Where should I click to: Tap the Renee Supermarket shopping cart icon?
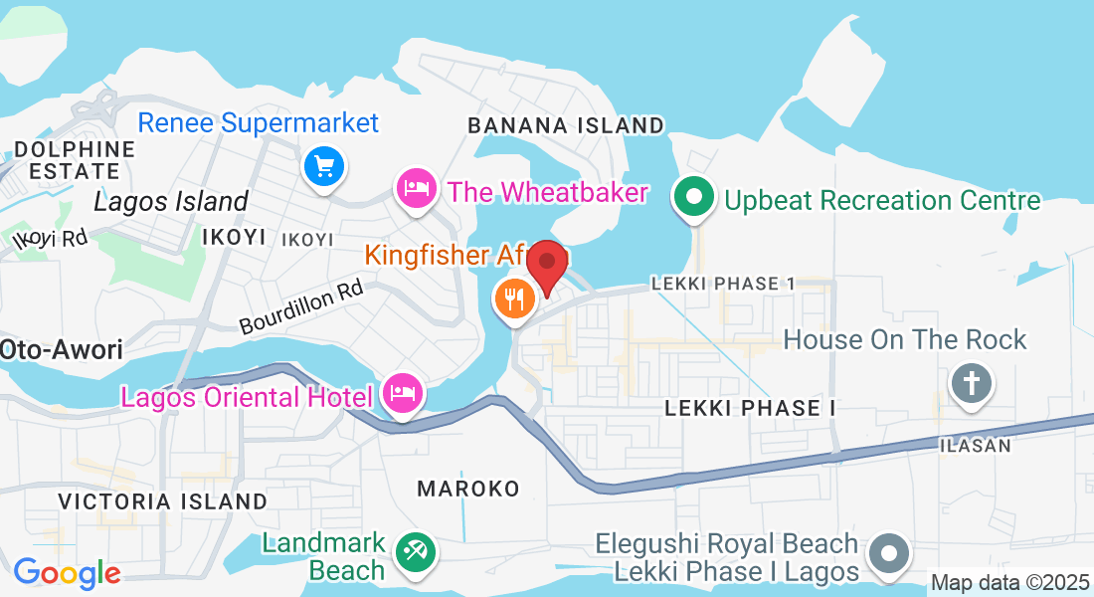[323, 166]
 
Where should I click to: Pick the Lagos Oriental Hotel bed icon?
[403, 394]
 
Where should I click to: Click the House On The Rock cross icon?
[970, 383]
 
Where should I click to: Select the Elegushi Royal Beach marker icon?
[888, 553]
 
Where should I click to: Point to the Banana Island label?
[565, 125]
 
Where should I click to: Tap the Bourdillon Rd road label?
[300, 310]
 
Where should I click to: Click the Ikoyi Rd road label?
[50, 239]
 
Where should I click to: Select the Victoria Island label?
[162, 501]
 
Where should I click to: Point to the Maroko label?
[468, 489]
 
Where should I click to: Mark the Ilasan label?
[975, 446]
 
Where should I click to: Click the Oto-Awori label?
[61, 349]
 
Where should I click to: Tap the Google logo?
[67, 573]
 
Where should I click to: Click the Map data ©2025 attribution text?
[1009, 582]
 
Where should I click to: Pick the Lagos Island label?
[170, 202]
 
